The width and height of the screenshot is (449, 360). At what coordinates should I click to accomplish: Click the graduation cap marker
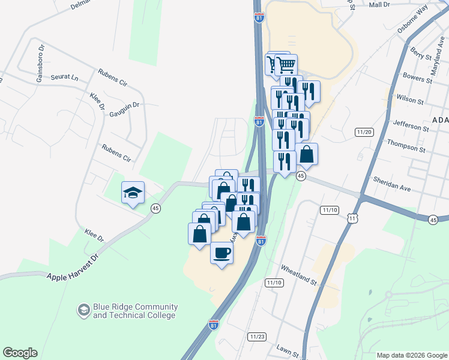click(x=133, y=193)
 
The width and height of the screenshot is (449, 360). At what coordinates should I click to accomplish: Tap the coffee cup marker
click(x=221, y=252)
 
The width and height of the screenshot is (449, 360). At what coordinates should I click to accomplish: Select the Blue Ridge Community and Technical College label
click(x=134, y=311)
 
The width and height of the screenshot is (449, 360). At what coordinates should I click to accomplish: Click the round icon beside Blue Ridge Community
click(x=83, y=310)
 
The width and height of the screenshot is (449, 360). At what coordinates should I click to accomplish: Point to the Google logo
click(x=20, y=352)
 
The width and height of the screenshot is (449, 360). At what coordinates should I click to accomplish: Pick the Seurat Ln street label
click(x=65, y=77)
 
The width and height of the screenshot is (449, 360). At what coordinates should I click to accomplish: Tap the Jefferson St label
click(x=411, y=125)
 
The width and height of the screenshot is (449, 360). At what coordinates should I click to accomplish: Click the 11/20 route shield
click(x=364, y=132)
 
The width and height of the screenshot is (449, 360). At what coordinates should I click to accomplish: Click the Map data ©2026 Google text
click(x=412, y=355)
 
